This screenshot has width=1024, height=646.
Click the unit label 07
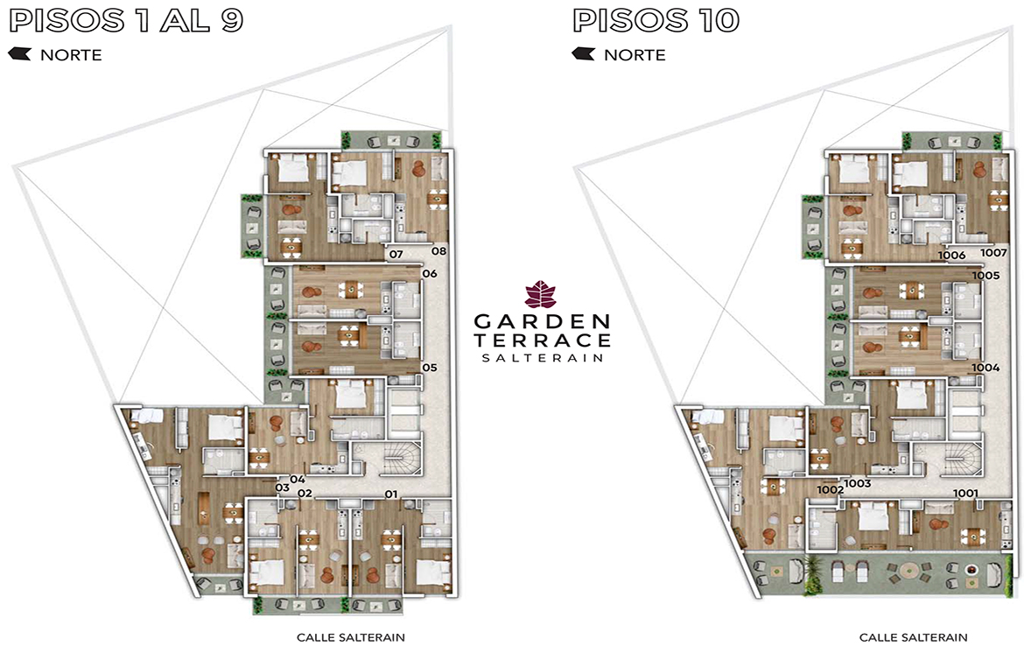click(396, 254)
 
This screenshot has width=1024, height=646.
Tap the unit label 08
click(438, 251)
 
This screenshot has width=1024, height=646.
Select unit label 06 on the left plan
click(430, 274)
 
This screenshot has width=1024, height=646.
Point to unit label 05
click(430, 368)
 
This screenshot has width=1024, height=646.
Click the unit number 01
click(391, 494)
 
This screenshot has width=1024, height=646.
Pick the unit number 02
click(305, 493)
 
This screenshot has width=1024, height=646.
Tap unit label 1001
click(965, 493)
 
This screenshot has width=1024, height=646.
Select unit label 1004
click(985, 368)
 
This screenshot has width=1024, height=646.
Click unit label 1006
click(951, 256)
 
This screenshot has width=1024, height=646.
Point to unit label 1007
click(993, 253)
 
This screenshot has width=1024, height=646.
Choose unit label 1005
click(985, 276)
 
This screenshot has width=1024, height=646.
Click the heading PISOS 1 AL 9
click(126, 20)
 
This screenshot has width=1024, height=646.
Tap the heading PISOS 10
click(656, 20)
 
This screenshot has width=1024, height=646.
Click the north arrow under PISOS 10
click(583, 53)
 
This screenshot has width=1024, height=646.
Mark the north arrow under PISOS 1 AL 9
click(19, 53)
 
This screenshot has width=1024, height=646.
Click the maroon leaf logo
click(541, 295)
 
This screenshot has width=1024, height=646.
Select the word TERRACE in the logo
click(542, 341)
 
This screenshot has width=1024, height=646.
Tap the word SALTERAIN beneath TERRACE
click(542, 358)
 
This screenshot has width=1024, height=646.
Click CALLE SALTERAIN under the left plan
click(351, 637)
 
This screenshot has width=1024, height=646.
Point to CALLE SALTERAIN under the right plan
click(913, 637)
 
